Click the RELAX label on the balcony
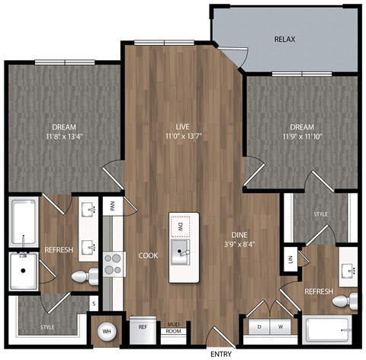(x=284, y=39)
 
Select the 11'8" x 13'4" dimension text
(x=65, y=138)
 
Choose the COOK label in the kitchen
(x=148, y=256)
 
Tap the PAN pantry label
(x=112, y=205)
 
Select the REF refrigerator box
(x=142, y=326)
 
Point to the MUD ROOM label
(x=174, y=328)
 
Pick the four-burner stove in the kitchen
(x=113, y=263)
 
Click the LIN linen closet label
(x=290, y=258)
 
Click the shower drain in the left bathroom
(x=24, y=270)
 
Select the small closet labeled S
(x=94, y=304)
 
